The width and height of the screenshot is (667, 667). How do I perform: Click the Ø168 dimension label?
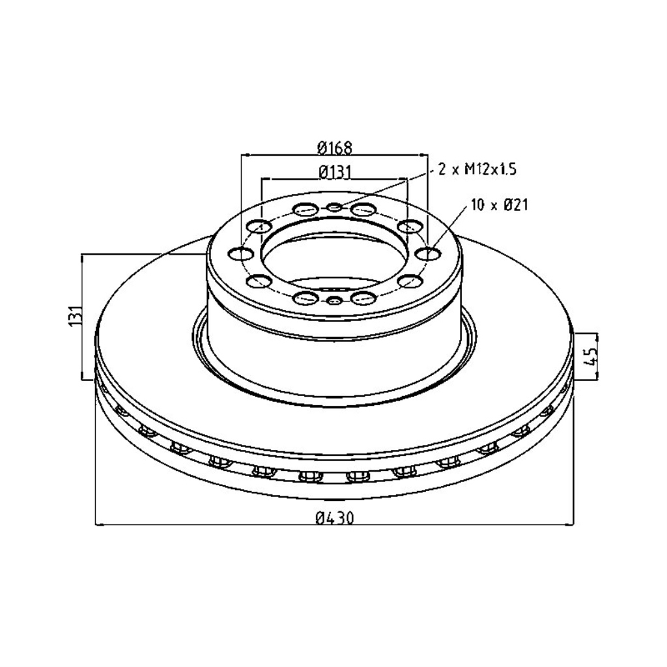click(x=335, y=148)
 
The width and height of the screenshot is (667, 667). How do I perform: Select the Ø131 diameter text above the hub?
click(x=335, y=172)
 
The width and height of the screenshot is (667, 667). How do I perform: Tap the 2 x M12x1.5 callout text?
click(x=477, y=170)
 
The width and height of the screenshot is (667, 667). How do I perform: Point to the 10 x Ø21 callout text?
click(x=500, y=205)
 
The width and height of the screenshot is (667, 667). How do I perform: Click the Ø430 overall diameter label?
click(x=335, y=518)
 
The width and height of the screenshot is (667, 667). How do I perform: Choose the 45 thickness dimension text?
click(x=591, y=356)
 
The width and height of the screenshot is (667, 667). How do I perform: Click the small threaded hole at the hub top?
click(x=334, y=207)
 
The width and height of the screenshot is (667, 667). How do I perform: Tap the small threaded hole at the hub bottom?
click(x=334, y=300)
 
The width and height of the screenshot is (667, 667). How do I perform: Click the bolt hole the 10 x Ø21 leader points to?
click(x=427, y=254)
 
